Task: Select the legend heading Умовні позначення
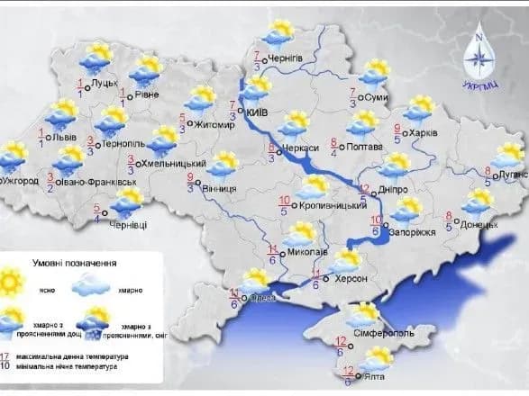point(75,263)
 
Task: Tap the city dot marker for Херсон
point(331,280)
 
